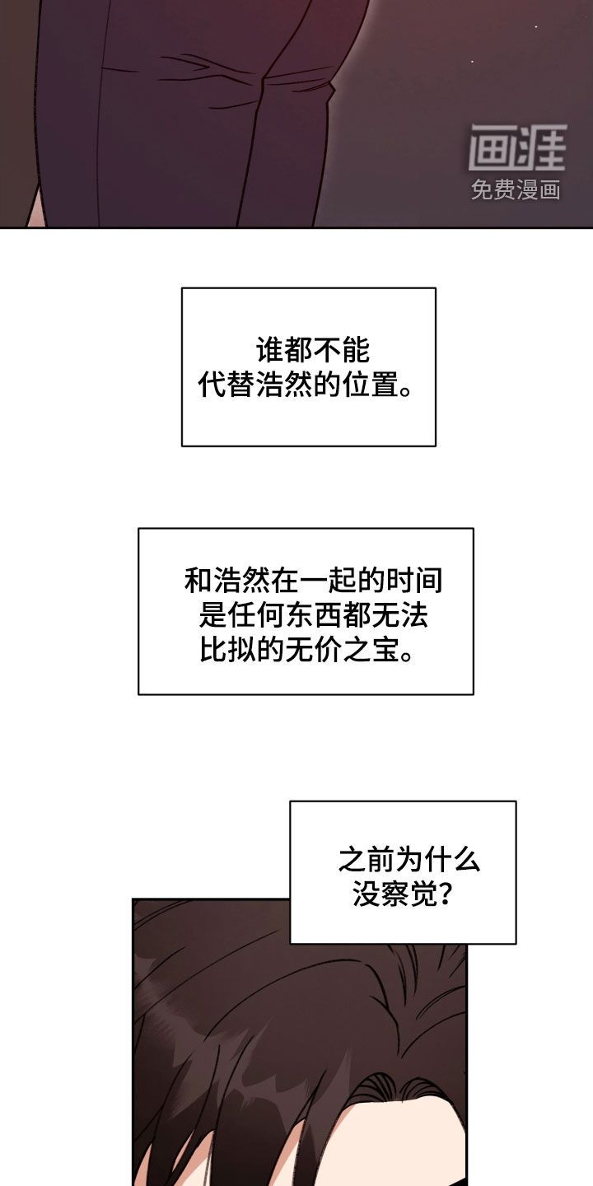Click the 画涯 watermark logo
click(x=517, y=148)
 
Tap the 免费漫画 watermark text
click(x=516, y=190)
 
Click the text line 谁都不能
click(x=312, y=351)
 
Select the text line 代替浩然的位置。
click(x=306, y=385)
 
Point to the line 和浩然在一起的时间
click(x=313, y=581)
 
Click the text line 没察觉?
click(x=402, y=894)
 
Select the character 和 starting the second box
click(x=198, y=581)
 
